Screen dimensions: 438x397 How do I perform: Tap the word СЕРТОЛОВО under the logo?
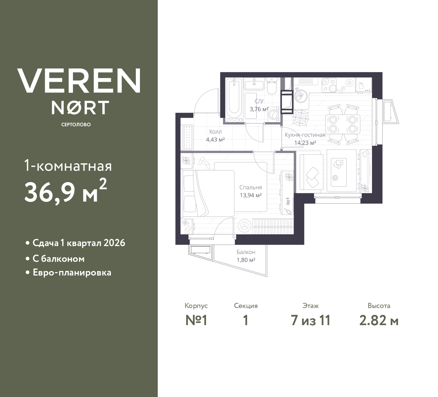tap(76, 125)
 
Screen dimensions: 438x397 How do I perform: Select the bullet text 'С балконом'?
tap(59, 259)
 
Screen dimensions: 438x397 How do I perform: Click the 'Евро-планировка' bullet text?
tap(72, 272)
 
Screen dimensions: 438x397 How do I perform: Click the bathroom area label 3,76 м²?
tap(259, 109)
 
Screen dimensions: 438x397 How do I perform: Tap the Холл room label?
tap(215, 132)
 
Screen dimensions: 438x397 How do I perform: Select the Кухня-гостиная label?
tap(305, 135)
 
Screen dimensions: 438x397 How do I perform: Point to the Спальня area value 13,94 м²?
tap(251, 195)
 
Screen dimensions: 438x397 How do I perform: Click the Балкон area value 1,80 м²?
tap(246, 260)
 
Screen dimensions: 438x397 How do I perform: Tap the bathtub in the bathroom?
tap(234, 100)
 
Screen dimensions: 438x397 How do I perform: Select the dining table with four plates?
tap(343, 124)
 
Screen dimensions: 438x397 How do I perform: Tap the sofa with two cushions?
tap(311, 172)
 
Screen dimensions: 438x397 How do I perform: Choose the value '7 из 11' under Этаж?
tap(310, 321)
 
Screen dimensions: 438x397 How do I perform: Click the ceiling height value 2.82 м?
tap(379, 321)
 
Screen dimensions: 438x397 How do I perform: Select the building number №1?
tap(196, 321)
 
